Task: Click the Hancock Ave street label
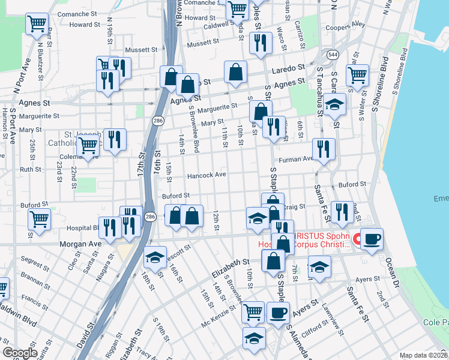[x=206, y=175]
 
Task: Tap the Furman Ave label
[x=297, y=160]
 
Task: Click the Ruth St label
[x=31, y=170]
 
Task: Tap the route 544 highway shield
[x=332, y=55]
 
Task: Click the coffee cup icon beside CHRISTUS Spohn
[x=372, y=238]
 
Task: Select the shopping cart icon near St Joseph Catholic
[x=88, y=145]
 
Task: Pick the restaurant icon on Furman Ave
[x=324, y=149]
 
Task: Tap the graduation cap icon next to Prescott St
[x=155, y=258]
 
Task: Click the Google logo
[x=20, y=353]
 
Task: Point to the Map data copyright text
[x=423, y=355]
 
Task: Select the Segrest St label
[x=35, y=262]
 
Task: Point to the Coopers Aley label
[x=345, y=26]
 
